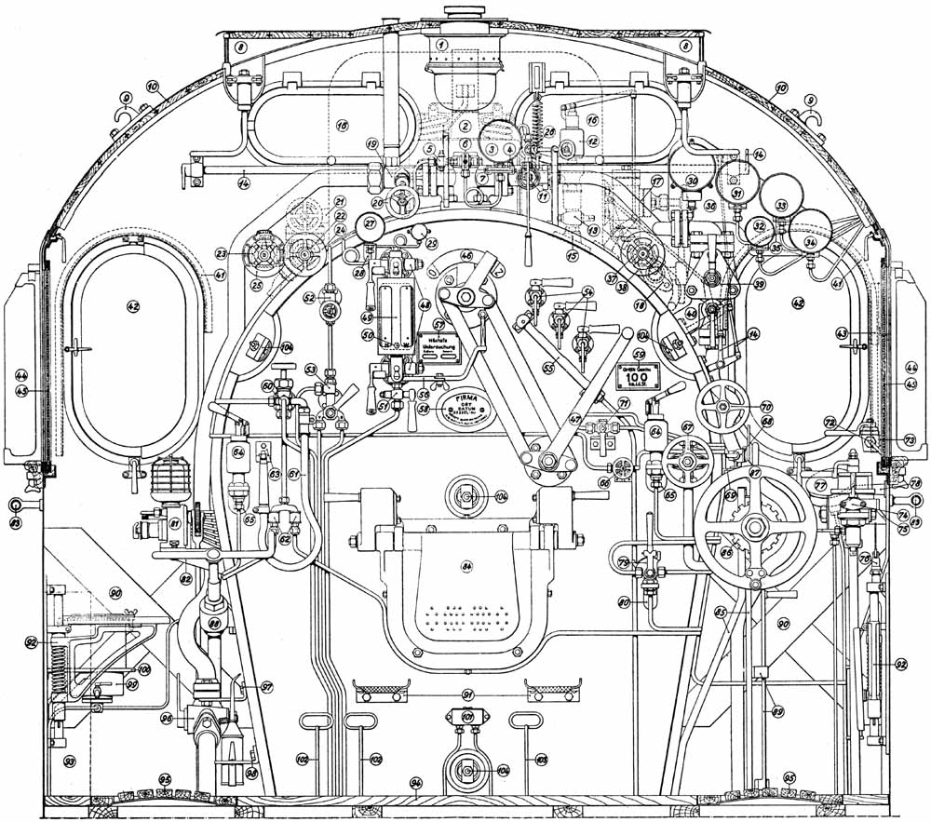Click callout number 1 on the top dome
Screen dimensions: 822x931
click(443, 44)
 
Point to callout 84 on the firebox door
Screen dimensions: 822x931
click(465, 565)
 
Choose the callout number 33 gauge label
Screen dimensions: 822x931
click(781, 204)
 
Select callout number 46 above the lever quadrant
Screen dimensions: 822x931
click(466, 255)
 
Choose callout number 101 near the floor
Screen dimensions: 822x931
click(467, 716)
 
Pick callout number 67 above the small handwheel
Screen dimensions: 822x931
click(688, 426)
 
